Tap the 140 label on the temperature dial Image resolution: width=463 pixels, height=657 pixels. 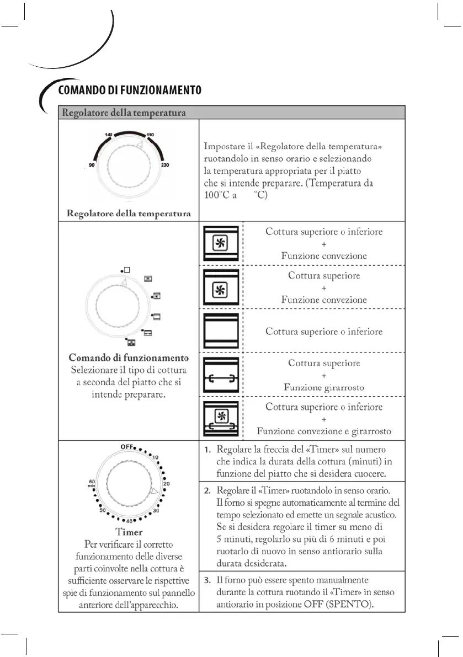(108, 135)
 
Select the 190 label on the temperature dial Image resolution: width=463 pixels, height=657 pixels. (150, 135)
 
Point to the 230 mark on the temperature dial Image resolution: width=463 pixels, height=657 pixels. (164, 165)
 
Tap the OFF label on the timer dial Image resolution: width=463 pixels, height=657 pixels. (127, 446)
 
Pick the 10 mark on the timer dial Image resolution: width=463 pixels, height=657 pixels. (156, 457)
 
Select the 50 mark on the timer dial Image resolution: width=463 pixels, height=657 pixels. (102, 511)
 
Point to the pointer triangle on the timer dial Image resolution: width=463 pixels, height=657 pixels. (155, 490)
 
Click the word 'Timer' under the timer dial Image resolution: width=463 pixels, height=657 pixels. (129, 532)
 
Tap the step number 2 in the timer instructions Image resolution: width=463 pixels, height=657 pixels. (207, 490)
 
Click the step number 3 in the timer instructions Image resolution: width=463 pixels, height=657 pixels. (207, 580)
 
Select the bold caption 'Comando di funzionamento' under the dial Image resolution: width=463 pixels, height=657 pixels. (129, 357)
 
